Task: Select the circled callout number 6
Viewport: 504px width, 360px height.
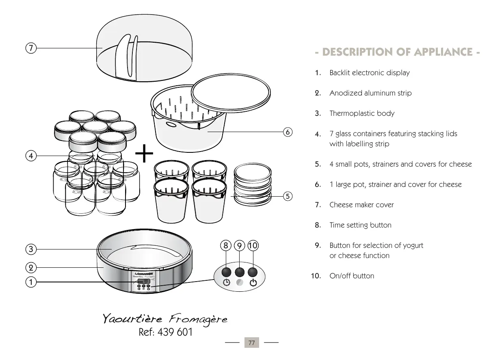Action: coord(288,132)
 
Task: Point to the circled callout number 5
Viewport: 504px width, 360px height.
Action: coord(288,196)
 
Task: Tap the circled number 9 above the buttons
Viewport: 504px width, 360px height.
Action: coord(240,245)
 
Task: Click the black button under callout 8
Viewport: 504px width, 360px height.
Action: coord(227,272)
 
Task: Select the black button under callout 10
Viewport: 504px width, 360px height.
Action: coord(253,272)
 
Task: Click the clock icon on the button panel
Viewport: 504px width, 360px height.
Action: coord(227,283)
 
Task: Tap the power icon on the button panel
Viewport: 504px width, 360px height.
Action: coord(253,283)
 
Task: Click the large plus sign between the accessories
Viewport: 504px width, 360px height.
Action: coord(144,155)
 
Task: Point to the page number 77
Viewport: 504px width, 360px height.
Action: coord(252,343)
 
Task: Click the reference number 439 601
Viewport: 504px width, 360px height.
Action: coord(166,332)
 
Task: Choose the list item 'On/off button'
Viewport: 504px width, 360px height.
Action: coord(352,276)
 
